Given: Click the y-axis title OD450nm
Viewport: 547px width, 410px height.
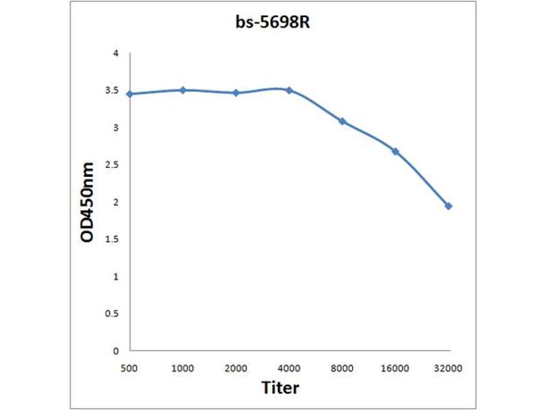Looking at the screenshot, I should coord(87,203).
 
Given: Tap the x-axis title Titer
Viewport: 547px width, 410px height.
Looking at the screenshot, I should coord(280,387).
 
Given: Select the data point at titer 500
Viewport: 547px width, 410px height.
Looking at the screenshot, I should coord(129,94).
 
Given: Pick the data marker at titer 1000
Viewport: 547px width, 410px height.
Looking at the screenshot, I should coord(183,90).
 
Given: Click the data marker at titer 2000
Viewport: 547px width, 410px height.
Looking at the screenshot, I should coord(236,92).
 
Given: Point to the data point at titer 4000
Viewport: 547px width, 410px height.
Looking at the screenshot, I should coord(289,90).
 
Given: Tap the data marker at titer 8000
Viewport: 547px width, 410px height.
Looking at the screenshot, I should coord(342,121).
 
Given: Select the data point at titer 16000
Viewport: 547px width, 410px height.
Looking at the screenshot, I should coord(395,150).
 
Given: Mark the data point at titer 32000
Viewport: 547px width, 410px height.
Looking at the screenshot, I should coord(449,206).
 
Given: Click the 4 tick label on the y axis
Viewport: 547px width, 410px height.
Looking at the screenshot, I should coord(116,53).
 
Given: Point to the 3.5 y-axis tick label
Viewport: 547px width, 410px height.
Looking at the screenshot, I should coord(112,90).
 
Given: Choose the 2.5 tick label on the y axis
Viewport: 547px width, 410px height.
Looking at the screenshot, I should coord(112,165).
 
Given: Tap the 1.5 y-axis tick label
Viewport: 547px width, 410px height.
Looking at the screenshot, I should coord(112,239).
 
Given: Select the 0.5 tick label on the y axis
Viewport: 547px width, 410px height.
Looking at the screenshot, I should coord(112,314).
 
